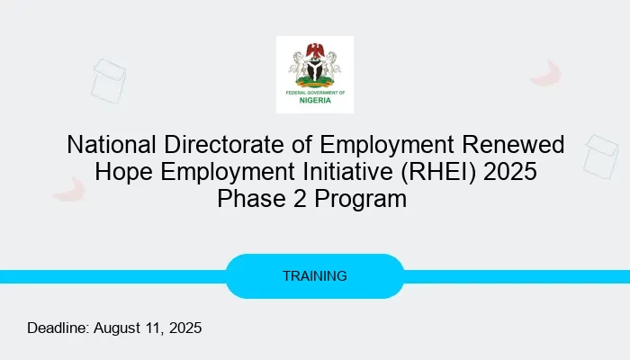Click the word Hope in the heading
click(x=127, y=171)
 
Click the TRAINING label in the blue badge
click(x=315, y=276)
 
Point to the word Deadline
click(x=58, y=328)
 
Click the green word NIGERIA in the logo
click(x=315, y=100)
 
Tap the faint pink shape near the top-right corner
click(x=546, y=73)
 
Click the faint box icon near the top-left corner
click(x=108, y=79)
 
